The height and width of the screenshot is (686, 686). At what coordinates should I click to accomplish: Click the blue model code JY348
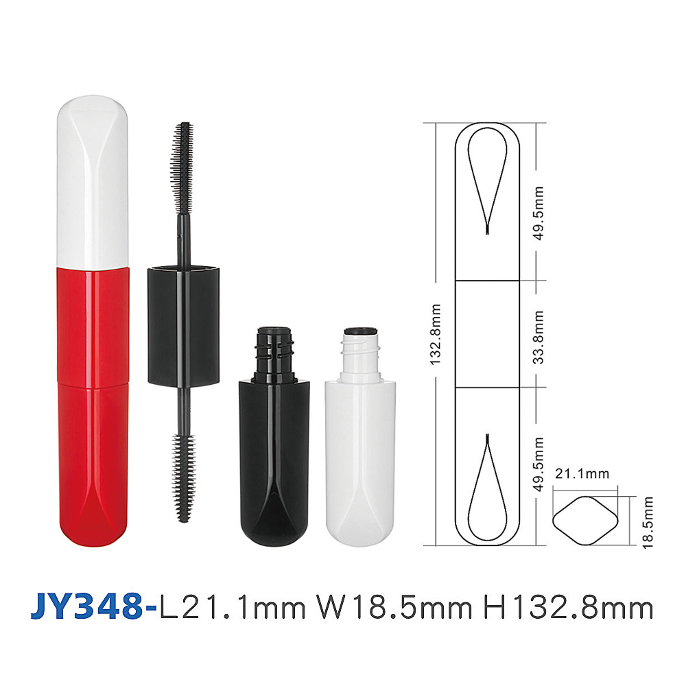[87, 606]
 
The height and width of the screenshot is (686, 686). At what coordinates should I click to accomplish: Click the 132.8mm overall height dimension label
[436, 335]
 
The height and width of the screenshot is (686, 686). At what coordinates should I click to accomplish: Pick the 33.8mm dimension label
[539, 338]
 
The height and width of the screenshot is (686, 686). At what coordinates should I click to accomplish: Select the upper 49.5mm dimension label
[539, 213]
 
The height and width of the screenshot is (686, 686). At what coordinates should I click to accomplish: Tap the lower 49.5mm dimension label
[539, 464]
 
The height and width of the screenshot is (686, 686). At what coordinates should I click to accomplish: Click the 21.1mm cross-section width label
[582, 473]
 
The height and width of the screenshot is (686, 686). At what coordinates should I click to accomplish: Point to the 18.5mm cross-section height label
[648, 522]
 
